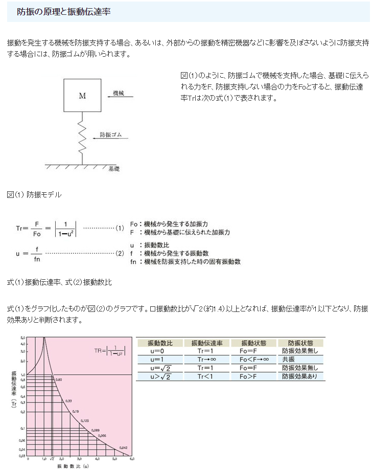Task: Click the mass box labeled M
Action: pyautogui.click(x=82, y=95)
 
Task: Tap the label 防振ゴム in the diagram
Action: pyautogui.click(x=110, y=135)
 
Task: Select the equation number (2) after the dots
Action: pyautogui.click(x=120, y=253)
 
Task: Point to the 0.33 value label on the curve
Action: pyautogui.click(x=68, y=400)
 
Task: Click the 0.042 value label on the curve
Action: pyautogui.click(x=123, y=447)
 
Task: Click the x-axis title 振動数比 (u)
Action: pyautogui.click(x=73, y=466)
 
